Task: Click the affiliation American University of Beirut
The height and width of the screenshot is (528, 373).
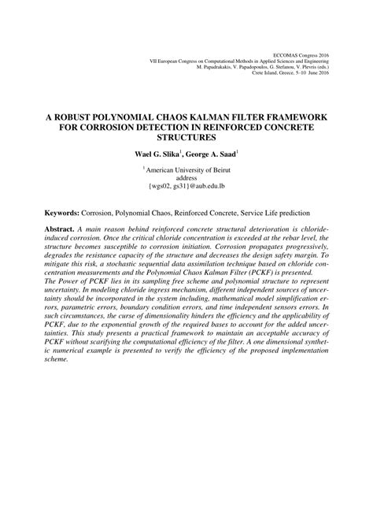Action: (x=187, y=169)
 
